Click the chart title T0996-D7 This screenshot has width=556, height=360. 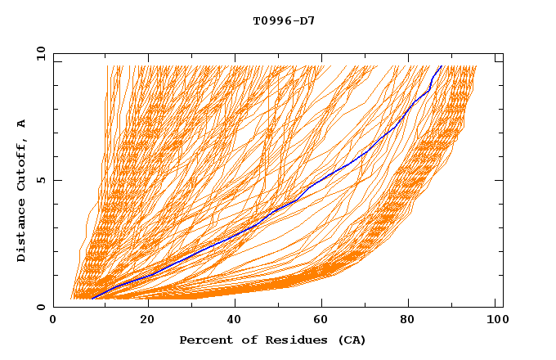pos(284,20)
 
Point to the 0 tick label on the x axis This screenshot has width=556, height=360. pos(53,322)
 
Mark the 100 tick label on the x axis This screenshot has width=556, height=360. pos(495,322)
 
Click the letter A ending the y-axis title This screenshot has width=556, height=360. pos(22,124)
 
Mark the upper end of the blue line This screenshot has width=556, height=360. pos(442,65)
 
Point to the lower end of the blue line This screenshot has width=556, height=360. pos(92,299)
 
